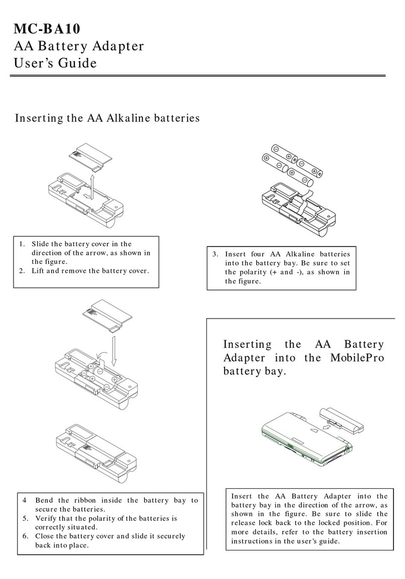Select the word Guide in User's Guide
click(79, 64)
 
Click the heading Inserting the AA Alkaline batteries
click(107, 118)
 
